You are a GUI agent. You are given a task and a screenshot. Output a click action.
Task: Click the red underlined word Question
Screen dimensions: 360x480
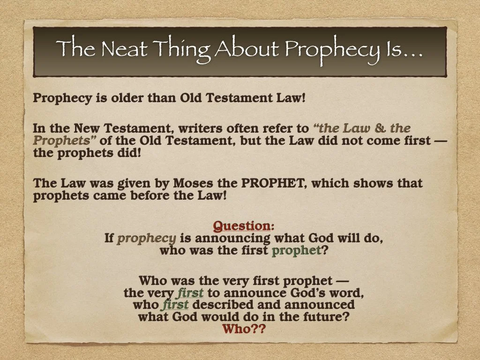point(241,226)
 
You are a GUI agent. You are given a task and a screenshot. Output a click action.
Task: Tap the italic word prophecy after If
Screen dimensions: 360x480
point(147,238)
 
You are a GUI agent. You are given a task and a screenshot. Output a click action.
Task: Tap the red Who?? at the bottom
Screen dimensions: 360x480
point(244,329)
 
